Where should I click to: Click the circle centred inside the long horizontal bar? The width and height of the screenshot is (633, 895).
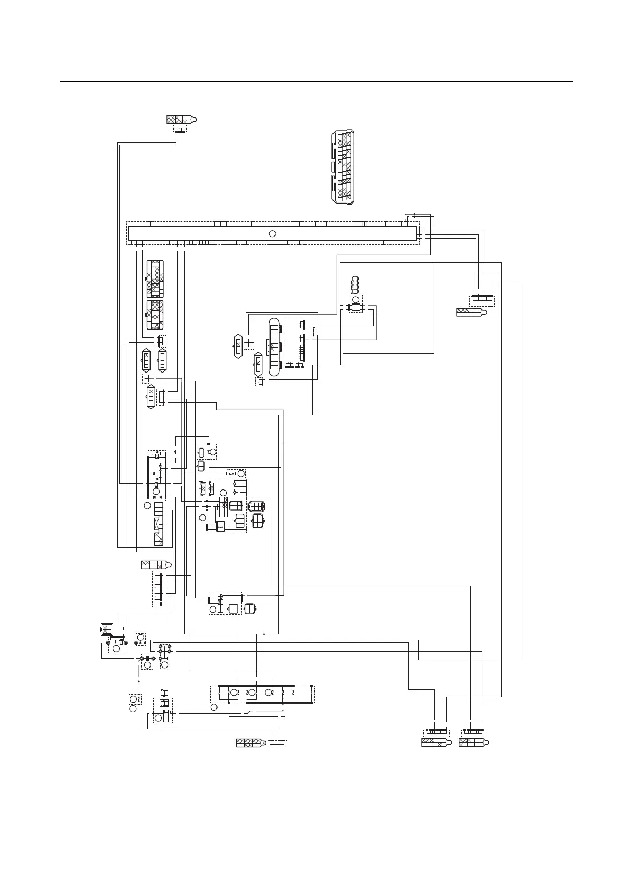272,233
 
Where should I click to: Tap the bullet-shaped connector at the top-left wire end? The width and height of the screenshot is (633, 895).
182,120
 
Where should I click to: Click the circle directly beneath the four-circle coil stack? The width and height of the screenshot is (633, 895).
355,299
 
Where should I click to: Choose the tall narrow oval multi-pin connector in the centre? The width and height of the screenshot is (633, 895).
274,348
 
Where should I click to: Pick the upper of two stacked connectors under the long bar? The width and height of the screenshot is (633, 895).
155,278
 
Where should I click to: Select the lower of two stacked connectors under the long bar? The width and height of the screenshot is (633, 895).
155,315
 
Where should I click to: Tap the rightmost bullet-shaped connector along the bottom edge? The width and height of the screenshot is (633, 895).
473,743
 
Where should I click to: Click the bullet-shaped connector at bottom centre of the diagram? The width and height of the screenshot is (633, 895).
251,743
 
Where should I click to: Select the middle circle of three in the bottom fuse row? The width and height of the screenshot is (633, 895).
252,692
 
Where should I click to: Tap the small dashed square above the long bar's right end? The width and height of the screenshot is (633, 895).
417,215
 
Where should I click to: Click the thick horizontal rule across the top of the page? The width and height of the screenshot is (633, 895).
316,82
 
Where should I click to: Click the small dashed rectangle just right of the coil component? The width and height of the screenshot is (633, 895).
374,313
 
